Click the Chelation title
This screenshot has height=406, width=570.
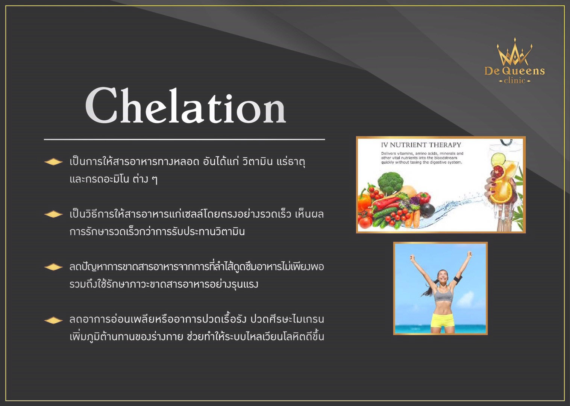(185, 106)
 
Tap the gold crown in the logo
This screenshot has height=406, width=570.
(514, 53)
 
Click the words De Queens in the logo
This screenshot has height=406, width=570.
(514, 71)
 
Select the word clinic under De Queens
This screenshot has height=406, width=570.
(514, 80)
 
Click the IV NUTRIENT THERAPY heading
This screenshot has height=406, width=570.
(421, 145)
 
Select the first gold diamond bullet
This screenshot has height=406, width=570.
(53, 162)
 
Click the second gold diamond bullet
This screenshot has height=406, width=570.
(53, 214)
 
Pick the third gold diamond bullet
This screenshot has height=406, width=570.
(53, 267)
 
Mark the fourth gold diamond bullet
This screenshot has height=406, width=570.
(53, 320)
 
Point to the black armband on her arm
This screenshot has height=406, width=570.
(458, 280)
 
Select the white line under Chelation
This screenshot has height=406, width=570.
(184, 139)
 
